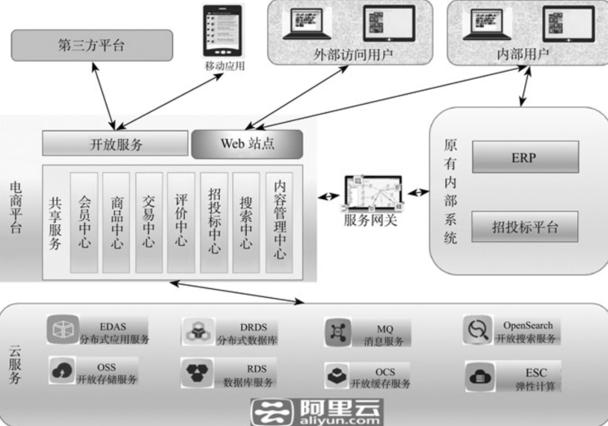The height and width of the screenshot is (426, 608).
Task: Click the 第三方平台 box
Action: coord(92,46)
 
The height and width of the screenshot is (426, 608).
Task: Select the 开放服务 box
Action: coord(115,144)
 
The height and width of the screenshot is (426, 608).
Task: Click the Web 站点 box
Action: coord(247,144)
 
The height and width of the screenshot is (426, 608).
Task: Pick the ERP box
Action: coord(525,157)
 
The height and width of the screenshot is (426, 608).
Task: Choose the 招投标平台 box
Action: coord(525,227)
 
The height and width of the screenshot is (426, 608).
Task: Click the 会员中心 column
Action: coord(84,222)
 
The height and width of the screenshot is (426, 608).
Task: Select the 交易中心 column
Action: coord(149,222)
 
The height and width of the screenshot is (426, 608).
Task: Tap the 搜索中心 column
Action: coord(246,222)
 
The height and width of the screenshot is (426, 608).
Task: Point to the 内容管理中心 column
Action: coord(279,222)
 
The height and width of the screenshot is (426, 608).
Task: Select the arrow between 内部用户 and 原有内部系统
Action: coord(523,89)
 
